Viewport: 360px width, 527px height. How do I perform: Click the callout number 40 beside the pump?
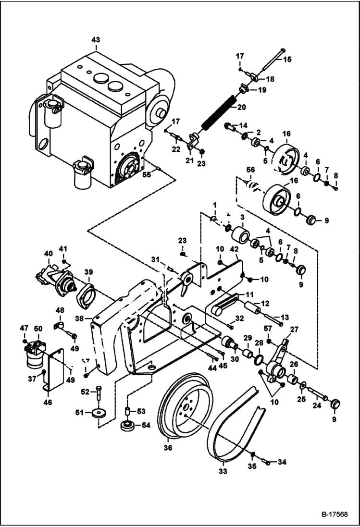pos(48,253)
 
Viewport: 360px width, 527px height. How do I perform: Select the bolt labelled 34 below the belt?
pos(268,463)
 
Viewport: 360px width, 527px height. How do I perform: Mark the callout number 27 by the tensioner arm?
pos(294,330)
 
